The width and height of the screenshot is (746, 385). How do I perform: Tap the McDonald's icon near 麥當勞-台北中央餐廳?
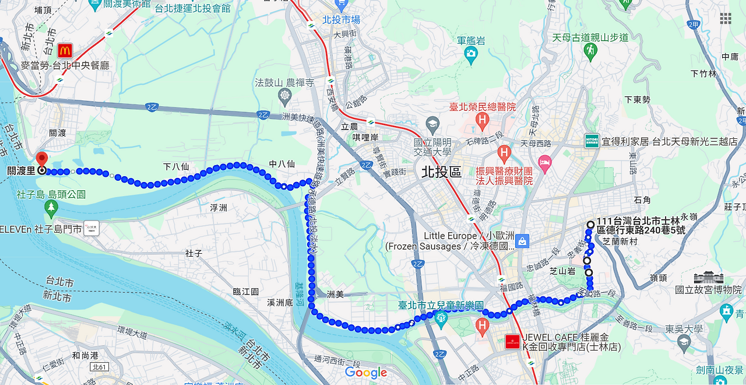[x=64, y=50]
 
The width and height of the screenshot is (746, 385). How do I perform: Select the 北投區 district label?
[x=441, y=171]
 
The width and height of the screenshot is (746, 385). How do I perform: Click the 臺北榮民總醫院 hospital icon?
[x=481, y=121]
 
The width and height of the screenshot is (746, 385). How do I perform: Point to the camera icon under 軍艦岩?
[x=471, y=55]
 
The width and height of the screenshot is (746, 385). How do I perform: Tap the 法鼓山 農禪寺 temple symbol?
[x=285, y=95]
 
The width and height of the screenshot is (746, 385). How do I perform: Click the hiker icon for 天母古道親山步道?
[x=590, y=51]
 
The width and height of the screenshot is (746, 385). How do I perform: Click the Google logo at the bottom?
[x=366, y=372]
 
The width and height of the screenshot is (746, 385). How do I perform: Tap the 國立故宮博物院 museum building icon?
[x=708, y=278]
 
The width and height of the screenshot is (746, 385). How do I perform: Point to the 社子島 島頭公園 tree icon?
[x=52, y=207]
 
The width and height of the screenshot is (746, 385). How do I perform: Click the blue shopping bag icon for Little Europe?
[x=522, y=240]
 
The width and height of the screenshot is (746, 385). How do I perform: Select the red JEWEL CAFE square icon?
[x=513, y=342]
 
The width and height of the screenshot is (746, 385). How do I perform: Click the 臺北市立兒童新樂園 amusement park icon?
[x=441, y=318]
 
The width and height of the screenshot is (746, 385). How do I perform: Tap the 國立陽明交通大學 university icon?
[x=432, y=124]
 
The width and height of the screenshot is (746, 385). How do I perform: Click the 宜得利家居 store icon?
[x=592, y=141]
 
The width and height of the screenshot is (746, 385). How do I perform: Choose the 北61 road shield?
[x=99, y=367]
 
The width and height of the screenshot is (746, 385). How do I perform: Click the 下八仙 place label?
[x=176, y=167]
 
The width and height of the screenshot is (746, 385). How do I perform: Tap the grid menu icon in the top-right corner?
[x=725, y=19]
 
